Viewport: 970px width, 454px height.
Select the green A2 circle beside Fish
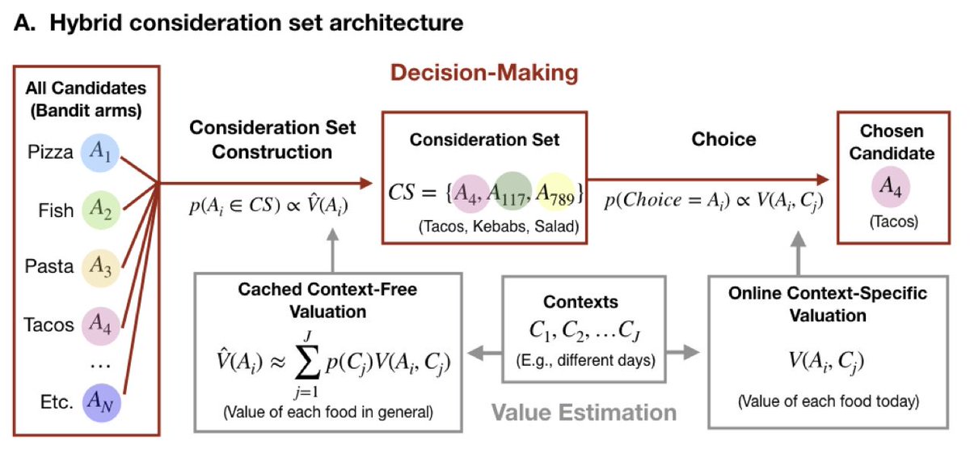click(x=100, y=210)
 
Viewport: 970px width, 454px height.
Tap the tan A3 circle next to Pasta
click(x=100, y=267)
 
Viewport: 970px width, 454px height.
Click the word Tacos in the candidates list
click(x=50, y=325)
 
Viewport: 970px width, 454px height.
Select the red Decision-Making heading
click(x=484, y=73)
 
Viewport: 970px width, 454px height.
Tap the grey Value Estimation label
click(x=584, y=413)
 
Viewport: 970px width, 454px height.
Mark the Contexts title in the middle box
click(x=580, y=302)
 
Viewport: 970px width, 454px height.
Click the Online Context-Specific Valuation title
click(x=828, y=304)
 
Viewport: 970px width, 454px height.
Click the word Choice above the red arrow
click(x=723, y=139)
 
